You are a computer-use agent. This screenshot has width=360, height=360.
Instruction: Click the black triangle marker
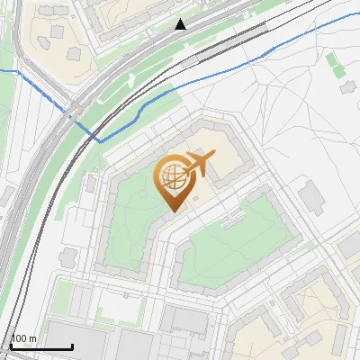[181, 24]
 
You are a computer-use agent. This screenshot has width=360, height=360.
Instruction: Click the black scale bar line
[41, 346]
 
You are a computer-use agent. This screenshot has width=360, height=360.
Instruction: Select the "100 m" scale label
[23, 338]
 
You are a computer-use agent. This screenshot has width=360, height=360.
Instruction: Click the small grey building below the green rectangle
[347, 88]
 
